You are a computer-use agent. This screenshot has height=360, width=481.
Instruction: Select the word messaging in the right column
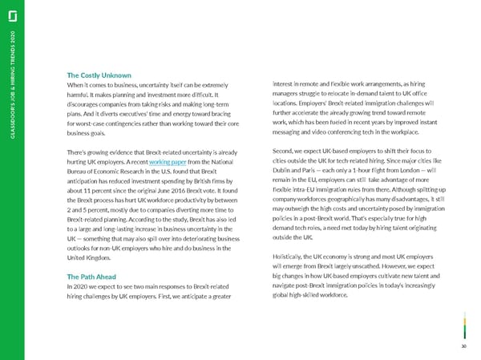click(295, 130)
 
